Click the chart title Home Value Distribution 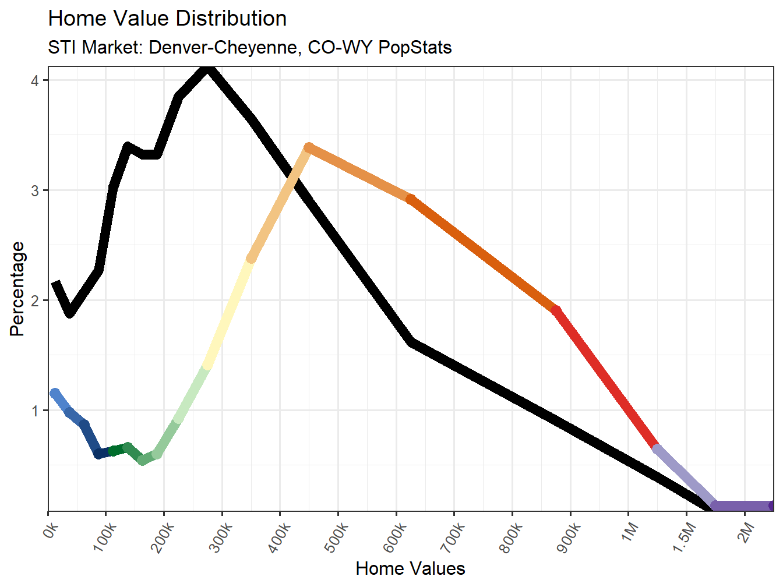point(167,19)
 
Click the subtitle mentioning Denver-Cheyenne point(249,47)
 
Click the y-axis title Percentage point(17,289)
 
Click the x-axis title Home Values point(410,568)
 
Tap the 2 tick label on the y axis point(35,300)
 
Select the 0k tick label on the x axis point(51,531)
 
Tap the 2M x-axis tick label point(745,532)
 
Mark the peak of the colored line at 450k point(309,148)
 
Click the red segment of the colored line point(606,379)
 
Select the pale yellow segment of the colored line point(228,312)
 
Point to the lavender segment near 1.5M point(685,477)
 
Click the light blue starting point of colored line point(55,394)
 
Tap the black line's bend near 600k point(411,342)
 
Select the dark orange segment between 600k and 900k point(484,254)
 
